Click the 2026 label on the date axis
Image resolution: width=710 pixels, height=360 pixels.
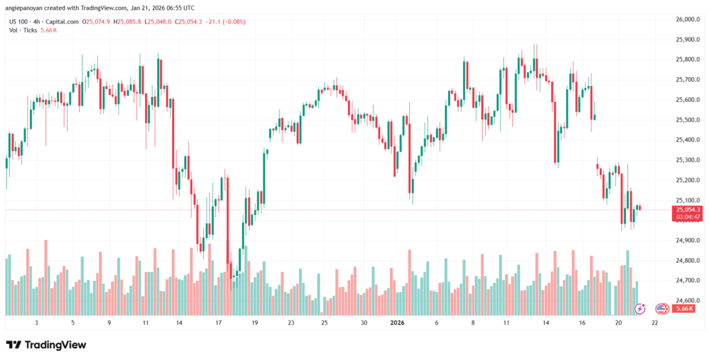[x=398, y=323]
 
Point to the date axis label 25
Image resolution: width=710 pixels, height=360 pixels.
[x=324, y=323]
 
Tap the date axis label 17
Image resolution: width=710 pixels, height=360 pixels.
[x=218, y=323]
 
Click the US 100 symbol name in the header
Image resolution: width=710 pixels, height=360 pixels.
[x=19, y=22]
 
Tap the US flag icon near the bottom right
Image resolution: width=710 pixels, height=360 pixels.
[x=661, y=309]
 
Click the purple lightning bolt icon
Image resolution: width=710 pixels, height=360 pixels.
[x=641, y=309]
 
